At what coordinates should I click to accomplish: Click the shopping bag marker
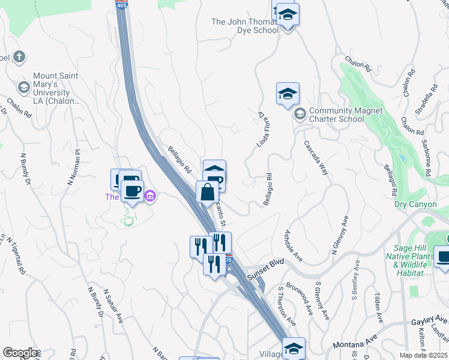pyautogui.click(x=207, y=193)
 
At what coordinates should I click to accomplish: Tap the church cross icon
pyautogui.click(x=19, y=58)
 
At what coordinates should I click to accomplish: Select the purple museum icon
pyautogui.click(x=150, y=196)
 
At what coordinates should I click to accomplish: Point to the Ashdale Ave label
pyautogui.click(x=294, y=244)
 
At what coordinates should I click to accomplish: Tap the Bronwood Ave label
pyautogui.click(x=300, y=298)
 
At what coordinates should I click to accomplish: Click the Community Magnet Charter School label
pyautogui.click(x=337, y=115)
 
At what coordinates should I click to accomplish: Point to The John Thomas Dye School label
pyautogui.click(x=245, y=26)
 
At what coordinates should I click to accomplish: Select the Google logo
pyautogui.click(x=20, y=353)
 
